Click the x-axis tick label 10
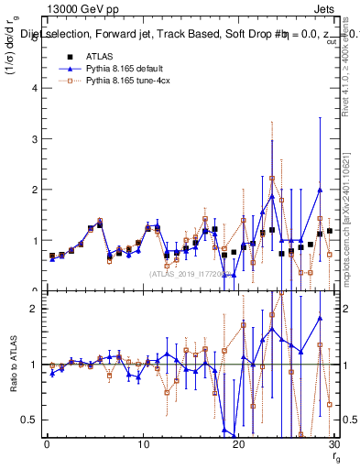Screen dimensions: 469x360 pyautogui.click(x=142, y=444)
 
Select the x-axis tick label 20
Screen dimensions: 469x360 pyautogui.click(x=238, y=444)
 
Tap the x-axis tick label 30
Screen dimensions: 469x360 pyautogui.click(x=333, y=444)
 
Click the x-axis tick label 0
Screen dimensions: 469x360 pyautogui.click(x=47, y=444)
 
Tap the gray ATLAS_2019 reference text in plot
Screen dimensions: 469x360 pyautogui.click(x=183, y=273)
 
